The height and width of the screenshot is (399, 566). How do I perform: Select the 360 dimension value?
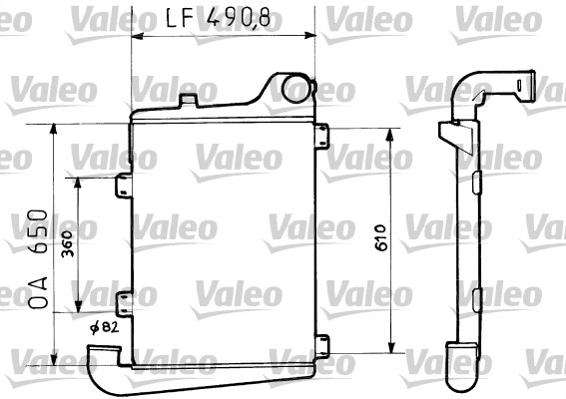pyautogui.click(x=67, y=245)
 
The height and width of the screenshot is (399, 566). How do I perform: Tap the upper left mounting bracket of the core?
pyautogui.click(x=123, y=187)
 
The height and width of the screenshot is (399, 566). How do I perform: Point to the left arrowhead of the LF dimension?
pyautogui.click(x=136, y=36)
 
